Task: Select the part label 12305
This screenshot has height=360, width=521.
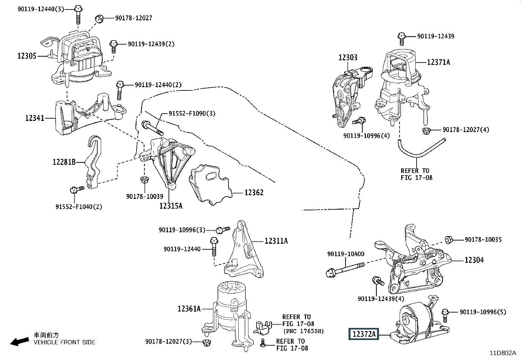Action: (27, 56)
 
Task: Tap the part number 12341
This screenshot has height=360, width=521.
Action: (35, 118)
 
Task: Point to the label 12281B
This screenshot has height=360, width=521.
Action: (64, 162)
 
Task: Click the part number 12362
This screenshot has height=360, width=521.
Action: (254, 193)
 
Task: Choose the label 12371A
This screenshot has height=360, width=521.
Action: (438, 62)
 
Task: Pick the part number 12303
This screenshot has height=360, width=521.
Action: (348, 58)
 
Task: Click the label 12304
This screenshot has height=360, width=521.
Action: (474, 260)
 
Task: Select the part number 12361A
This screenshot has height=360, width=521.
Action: (189, 309)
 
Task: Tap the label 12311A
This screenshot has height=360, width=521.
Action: (276, 241)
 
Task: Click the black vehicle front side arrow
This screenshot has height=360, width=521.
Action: (19, 341)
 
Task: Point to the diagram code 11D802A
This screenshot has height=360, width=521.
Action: (503, 353)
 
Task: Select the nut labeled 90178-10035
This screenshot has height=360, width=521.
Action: (449, 240)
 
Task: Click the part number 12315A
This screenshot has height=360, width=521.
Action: (171, 206)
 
